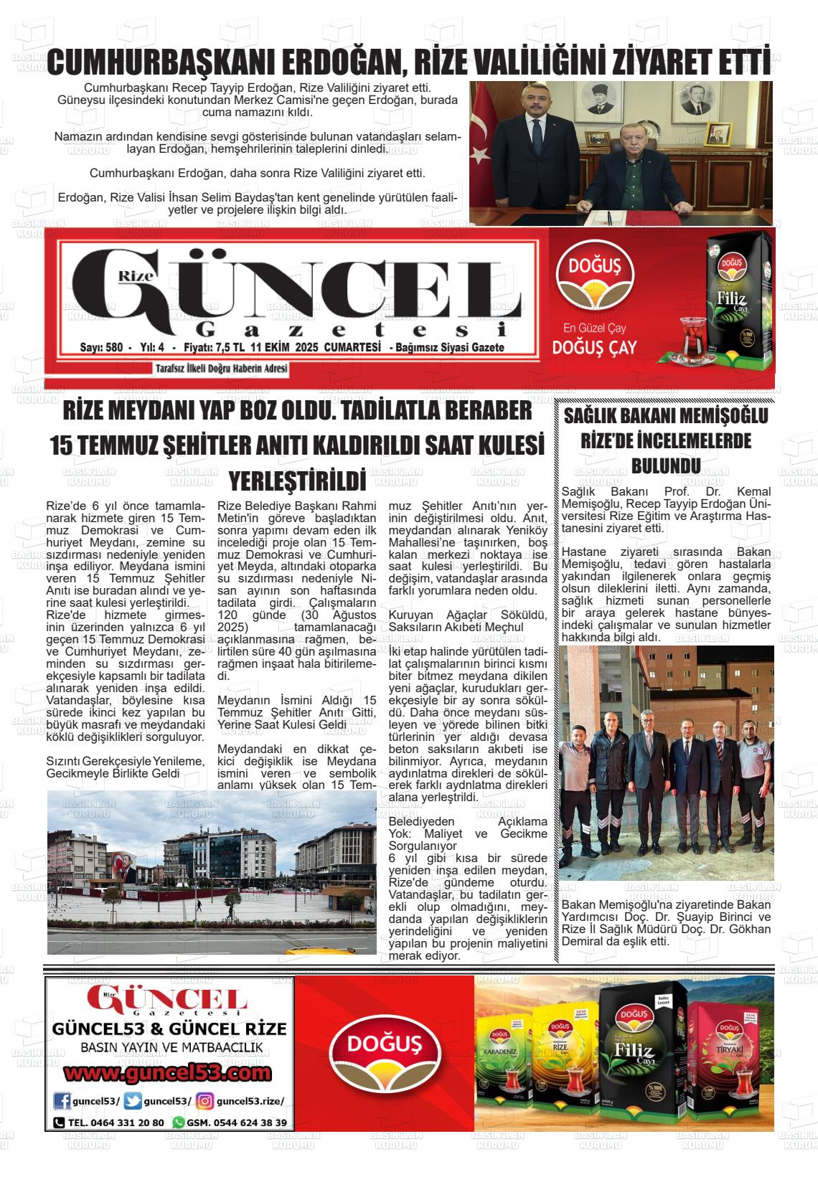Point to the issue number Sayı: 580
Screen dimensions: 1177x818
pyautogui.click(x=101, y=348)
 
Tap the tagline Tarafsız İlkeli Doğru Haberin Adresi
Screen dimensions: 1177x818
pyautogui.click(x=221, y=369)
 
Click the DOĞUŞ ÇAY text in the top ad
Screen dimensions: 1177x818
pyautogui.click(x=595, y=348)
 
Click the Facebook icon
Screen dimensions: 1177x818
pyautogui.click(x=62, y=1102)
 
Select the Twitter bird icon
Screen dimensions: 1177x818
pyautogui.click(x=133, y=1102)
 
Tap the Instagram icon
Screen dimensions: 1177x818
pyautogui.click(x=205, y=1102)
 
